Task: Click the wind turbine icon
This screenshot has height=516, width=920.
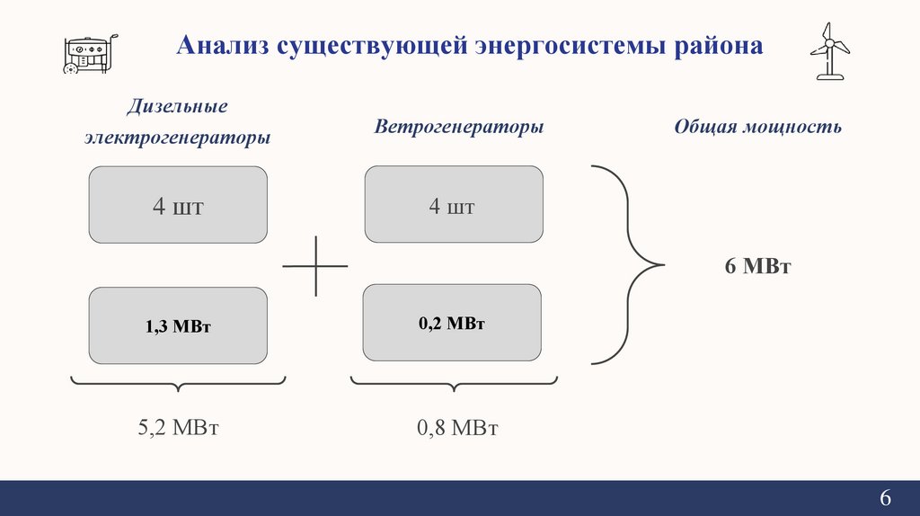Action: tap(828, 50)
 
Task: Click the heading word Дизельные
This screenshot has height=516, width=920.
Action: tap(177, 107)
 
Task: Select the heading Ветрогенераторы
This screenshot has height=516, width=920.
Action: tap(459, 126)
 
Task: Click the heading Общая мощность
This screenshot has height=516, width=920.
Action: tap(757, 126)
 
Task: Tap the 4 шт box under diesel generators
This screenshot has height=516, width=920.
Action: tap(178, 205)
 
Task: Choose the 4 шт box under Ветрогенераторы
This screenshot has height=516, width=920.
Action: tap(453, 205)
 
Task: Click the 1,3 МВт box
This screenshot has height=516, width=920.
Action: tap(178, 326)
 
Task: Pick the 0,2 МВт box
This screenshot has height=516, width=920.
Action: tap(452, 323)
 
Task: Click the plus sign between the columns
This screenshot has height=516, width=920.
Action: tap(315, 266)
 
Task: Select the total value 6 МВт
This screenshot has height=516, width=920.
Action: tap(757, 266)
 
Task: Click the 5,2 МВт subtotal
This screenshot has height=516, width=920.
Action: tap(178, 427)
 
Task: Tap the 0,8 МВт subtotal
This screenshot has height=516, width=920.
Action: tap(457, 427)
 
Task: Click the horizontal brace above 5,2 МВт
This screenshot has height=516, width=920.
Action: tap(178, 385)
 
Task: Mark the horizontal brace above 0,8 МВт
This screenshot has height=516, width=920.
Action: tap(454, 385)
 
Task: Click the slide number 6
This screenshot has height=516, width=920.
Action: tap(885, 499)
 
